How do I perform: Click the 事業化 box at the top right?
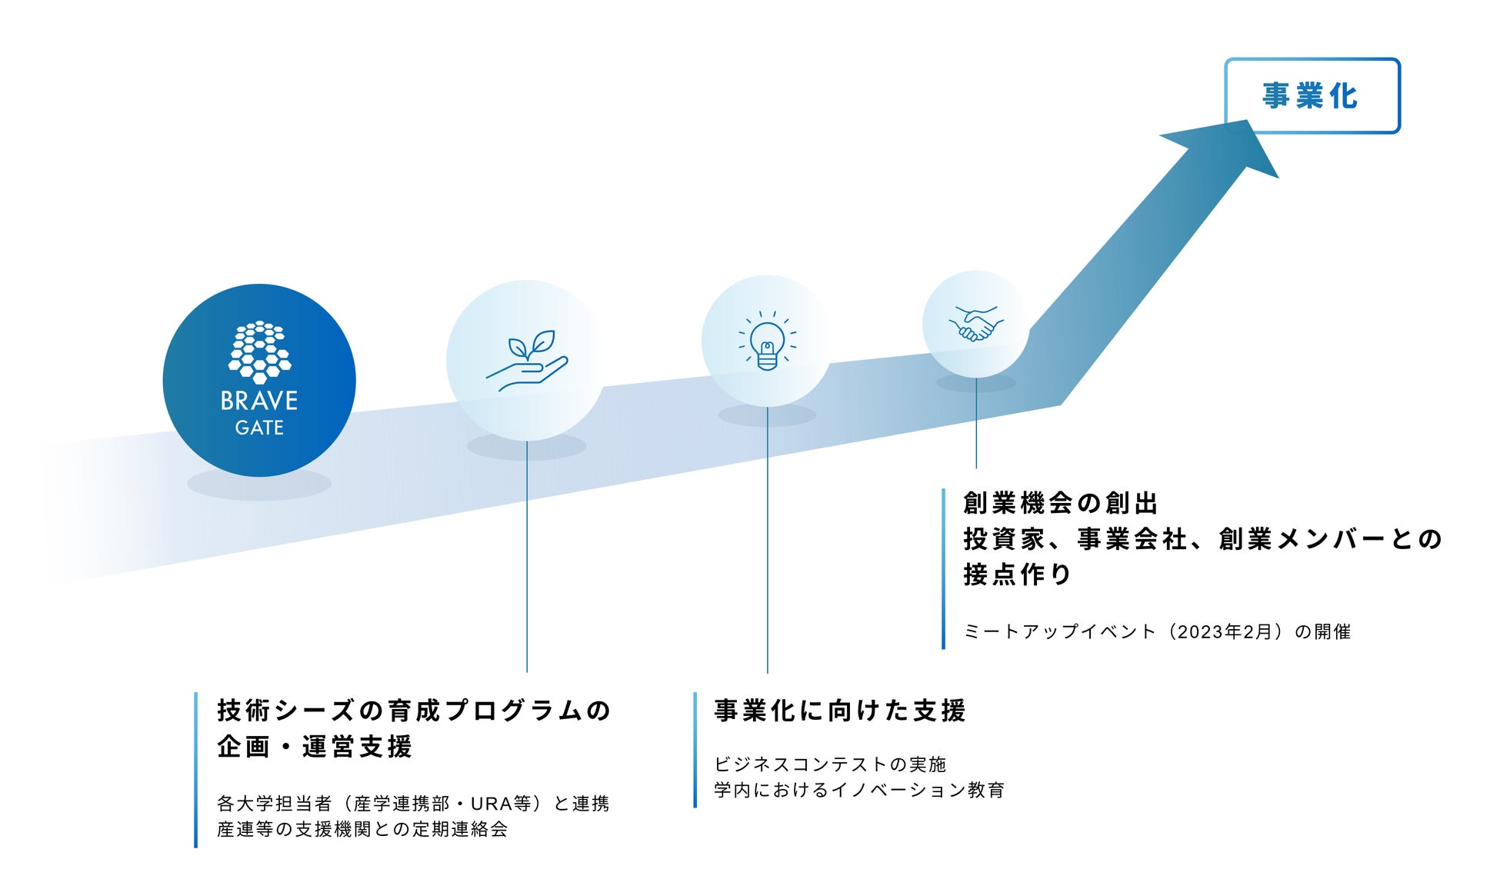coord(1312,96)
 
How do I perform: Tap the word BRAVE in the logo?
coord(258,401)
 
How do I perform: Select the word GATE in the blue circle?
coord(259,428)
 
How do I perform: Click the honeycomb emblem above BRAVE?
coord(259,351)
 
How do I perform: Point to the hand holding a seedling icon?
coord(527,360)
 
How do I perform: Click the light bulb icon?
coord(767,341)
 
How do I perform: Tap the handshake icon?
coord(975,324)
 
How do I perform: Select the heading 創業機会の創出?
coord(1060,504)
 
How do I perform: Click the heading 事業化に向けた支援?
coord(840,711)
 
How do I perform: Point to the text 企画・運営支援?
coord(315,747)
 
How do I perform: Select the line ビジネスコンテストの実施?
coord(830,764)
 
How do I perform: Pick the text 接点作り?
coord(1017,574)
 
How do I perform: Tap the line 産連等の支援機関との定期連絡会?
coord(362,830)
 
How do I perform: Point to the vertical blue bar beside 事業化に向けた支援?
coord(695,750)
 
